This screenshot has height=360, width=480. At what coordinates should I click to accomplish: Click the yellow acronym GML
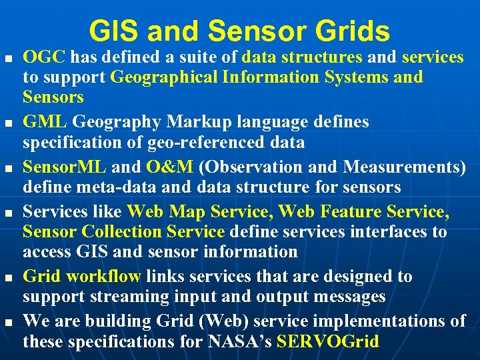point(45,123)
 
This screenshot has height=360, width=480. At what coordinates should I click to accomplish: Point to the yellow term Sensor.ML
point(65,167)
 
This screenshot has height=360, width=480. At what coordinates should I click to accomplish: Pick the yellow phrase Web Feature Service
point(363,212)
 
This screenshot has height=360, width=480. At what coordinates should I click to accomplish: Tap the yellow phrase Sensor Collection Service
point(123,232)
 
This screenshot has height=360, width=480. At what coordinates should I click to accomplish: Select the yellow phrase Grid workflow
point(82,276)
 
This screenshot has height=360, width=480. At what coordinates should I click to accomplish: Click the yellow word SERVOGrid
point(327,342)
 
